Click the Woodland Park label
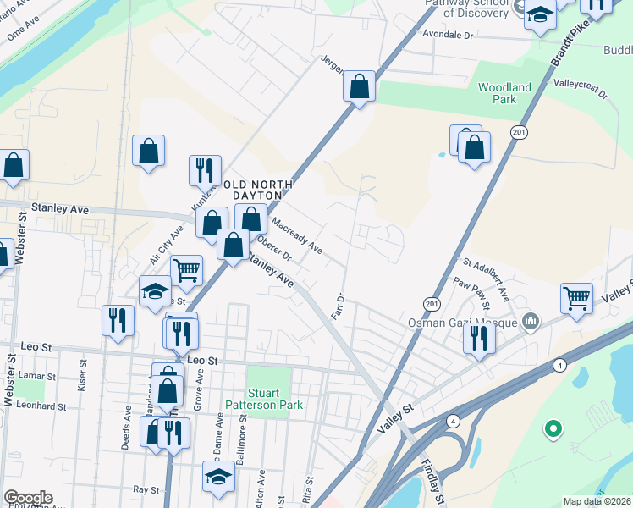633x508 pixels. click(x=504, y=93)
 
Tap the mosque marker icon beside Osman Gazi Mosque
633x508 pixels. click(x=531, y=321)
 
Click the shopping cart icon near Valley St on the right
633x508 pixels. click(x=576, y=297)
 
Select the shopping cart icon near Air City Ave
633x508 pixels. click(x=187, y=270)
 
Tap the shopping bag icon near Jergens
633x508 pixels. click(x=360, y=85)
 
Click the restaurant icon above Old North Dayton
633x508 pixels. click(x=205, y=170)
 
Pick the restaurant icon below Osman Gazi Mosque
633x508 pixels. click(x=479, y=338)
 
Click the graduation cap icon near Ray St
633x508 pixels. click(x=218, y=475)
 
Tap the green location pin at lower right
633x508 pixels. click(x=553, y=429)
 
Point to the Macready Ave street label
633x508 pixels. click(x=297, y=235)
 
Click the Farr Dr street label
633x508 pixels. click(x=341, y=306)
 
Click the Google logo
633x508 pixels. click(x=27, y=498)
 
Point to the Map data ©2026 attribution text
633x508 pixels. click(x=596, y=501)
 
